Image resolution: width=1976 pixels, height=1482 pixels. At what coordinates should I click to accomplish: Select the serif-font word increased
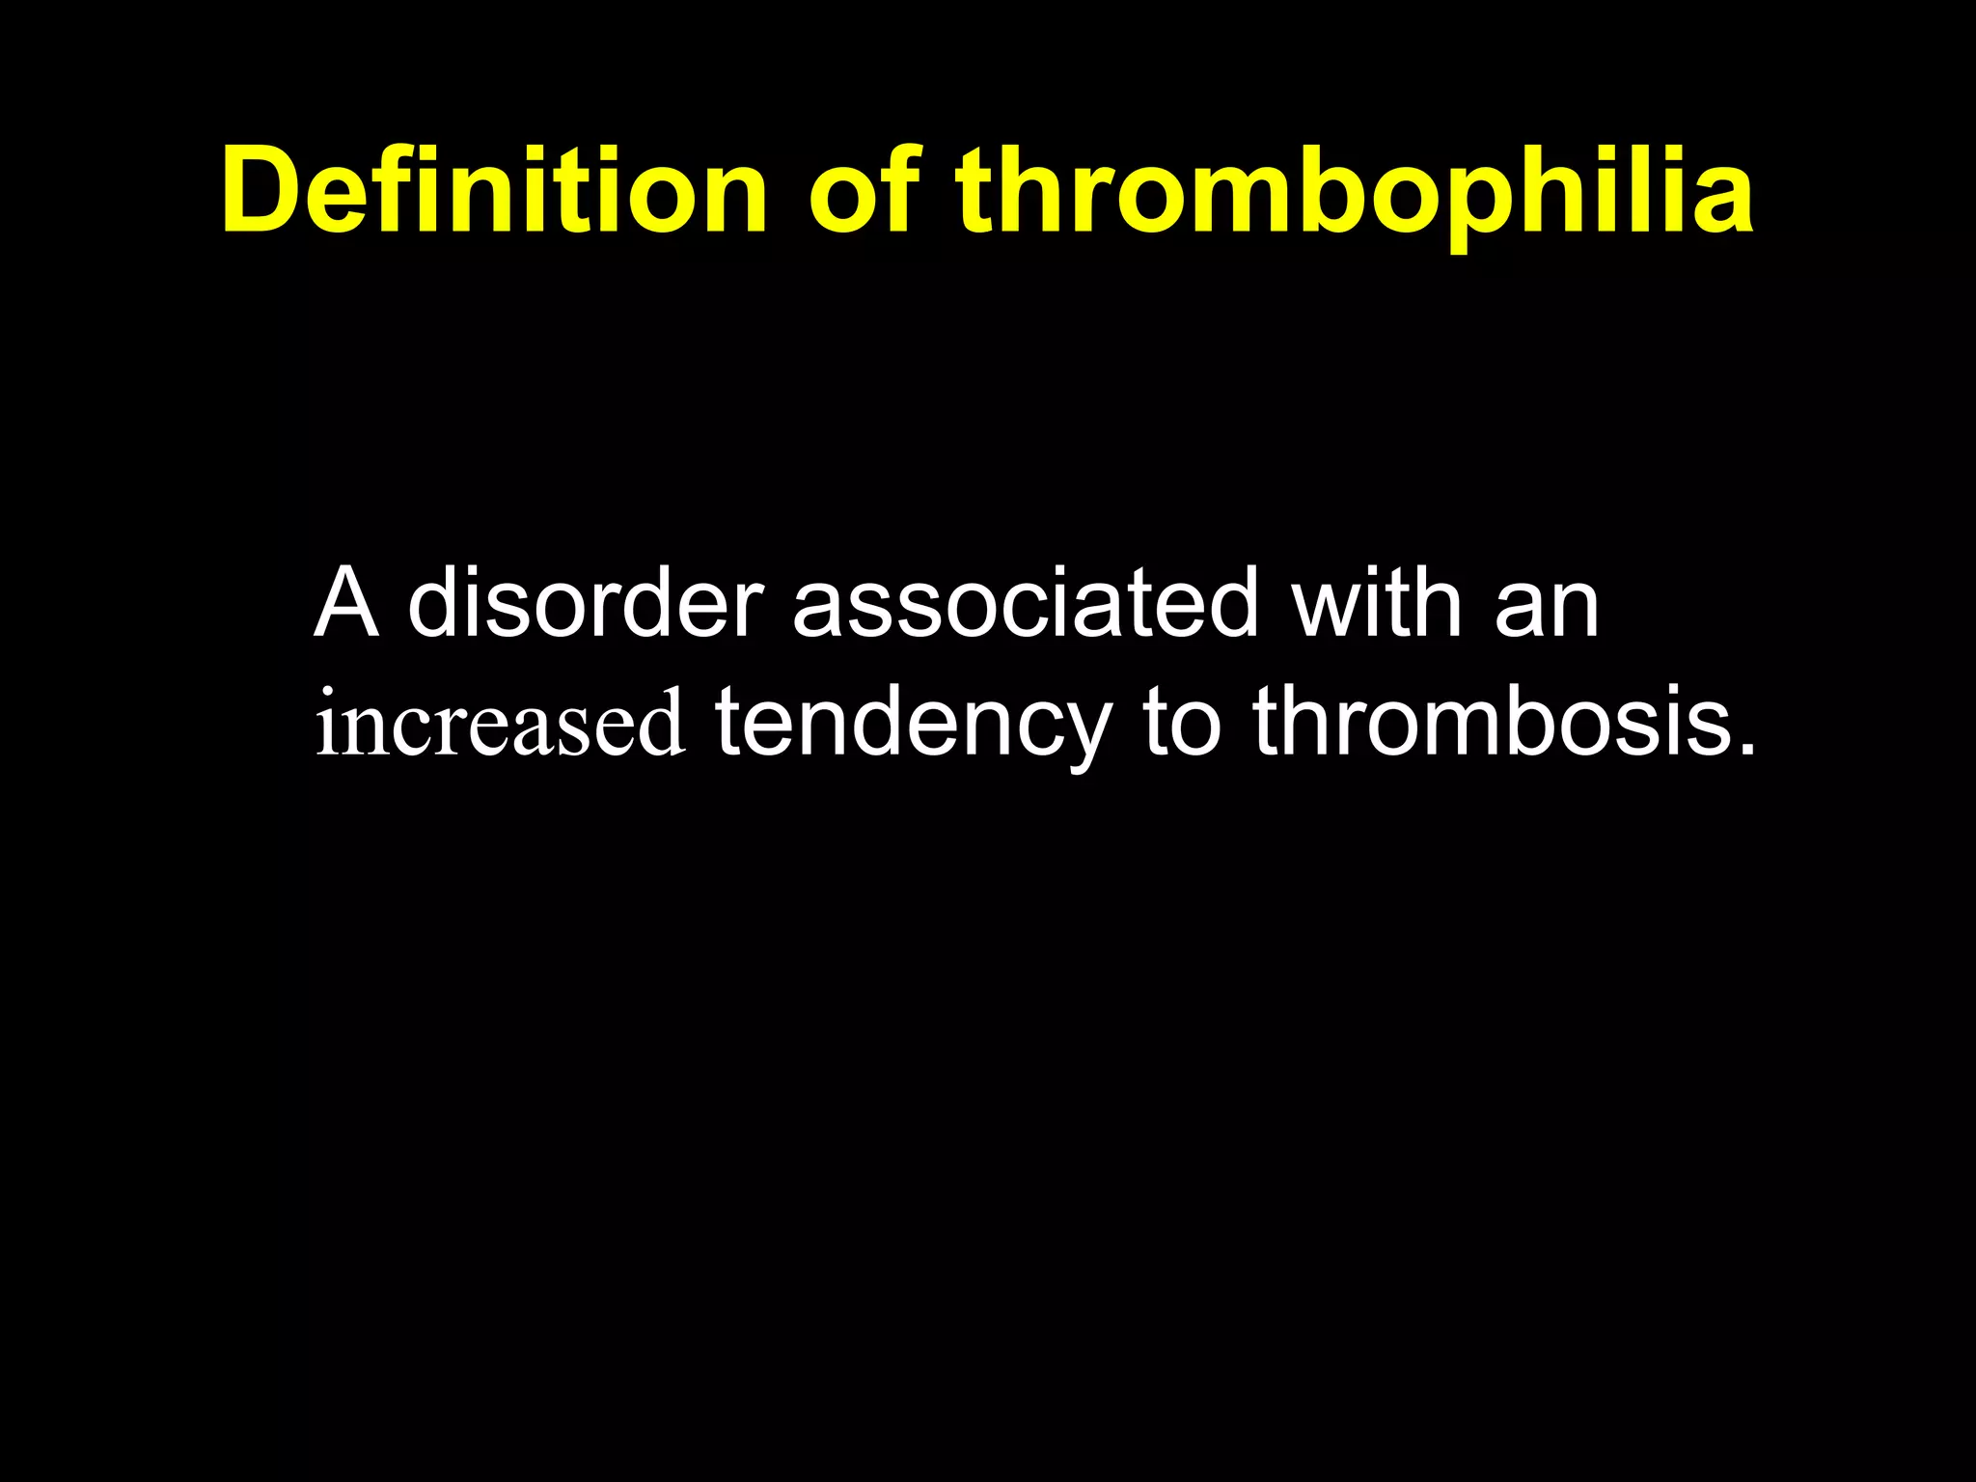pyautogui.click(x=501, y=724)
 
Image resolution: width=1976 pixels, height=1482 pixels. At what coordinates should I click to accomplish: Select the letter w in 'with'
pyautogui.click(x=1330, y=606)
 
